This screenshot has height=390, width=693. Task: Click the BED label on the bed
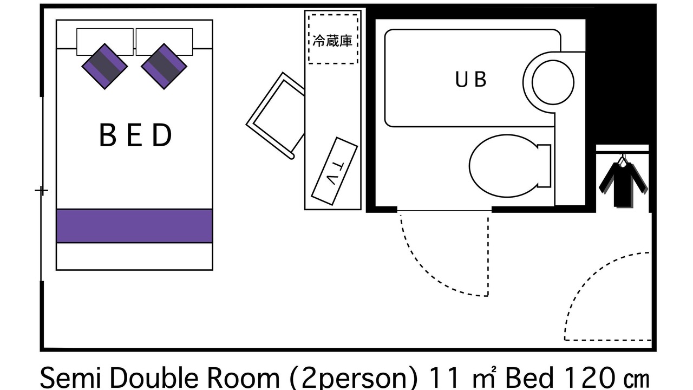(x=135, y=135)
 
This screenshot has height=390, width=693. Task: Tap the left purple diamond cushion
(x=104, y=66)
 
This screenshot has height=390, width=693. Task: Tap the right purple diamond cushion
(x=164, y=66)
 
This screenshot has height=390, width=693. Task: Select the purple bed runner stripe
(x=134, y=226)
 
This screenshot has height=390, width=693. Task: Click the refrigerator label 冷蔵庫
(x=332, y=41)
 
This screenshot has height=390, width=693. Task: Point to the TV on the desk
(x=335, y=171)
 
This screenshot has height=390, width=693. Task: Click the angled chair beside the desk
(x=276, y=116)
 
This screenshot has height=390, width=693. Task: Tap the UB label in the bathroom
(x=470, y=79)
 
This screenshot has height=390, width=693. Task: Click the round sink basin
(x=553, y=82)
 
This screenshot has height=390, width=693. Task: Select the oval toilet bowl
(x=504, y=166)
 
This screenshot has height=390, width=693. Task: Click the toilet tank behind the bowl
(x=545, y=166)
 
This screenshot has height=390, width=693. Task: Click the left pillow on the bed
(x=105, y=42)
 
